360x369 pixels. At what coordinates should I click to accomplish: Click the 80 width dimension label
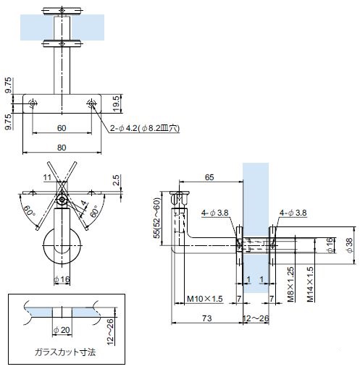click(62, 148)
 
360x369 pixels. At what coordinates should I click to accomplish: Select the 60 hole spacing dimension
click(62, 128)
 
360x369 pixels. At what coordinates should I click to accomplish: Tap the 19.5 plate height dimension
click(117, 103)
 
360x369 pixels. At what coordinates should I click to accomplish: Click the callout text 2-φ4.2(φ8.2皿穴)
click(145, 128)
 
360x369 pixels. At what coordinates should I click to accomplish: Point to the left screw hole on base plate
click(33, 103)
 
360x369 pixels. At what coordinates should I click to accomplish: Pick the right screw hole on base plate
click(91, 103)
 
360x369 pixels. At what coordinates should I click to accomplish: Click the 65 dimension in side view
click(209, 177)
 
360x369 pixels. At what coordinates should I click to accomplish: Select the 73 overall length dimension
click(206, 318)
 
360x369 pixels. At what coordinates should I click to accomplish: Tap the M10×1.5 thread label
click(205, 299)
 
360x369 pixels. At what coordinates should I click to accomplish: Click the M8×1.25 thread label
click(291, 284)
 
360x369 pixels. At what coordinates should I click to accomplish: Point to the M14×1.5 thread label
click(310, 284)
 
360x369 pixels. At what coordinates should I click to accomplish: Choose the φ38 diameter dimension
click(349, 245)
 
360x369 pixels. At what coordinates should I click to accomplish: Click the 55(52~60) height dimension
click(157, 219)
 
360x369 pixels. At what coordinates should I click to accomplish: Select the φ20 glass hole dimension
click(62, 330)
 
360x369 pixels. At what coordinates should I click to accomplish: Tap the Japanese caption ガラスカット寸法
click(65, 352)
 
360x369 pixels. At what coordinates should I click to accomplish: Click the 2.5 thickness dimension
click(117, 180)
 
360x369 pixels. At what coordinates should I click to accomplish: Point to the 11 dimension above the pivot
click(47, 177)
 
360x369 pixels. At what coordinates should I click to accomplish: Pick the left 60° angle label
click(28, 211)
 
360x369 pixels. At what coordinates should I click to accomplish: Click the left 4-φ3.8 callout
click(215, 213)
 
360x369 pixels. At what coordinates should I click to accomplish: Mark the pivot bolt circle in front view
click(62, 200)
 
